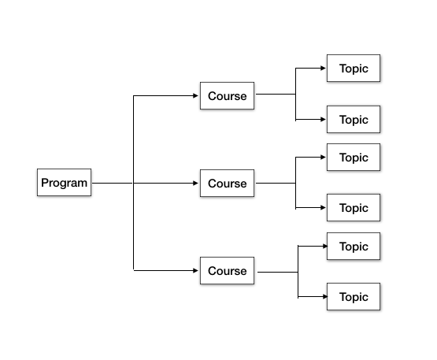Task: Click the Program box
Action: point(65,183)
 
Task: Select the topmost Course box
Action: point(227,96)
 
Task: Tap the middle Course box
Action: point(227,184)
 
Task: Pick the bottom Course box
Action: point(227,271)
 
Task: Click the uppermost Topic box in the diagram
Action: point(354,69)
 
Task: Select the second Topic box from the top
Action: point(354,120)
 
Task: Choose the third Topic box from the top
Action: point(354,158)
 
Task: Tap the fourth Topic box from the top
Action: point(354,208)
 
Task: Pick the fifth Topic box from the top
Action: point(354,247)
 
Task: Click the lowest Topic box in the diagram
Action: point(354,297)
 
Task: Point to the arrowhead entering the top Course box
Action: point(196,96)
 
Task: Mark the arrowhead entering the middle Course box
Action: point(196,184)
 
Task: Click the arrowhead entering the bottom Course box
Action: point(196,271)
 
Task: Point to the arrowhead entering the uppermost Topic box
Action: point(323,69)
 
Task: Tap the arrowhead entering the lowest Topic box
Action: point(323,297)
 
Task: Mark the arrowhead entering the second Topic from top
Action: point(323,120)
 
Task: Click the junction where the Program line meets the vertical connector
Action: point(134,184)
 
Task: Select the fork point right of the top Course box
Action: point(295,95)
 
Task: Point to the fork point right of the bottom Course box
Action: point(298,272)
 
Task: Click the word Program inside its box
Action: point(65,183)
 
